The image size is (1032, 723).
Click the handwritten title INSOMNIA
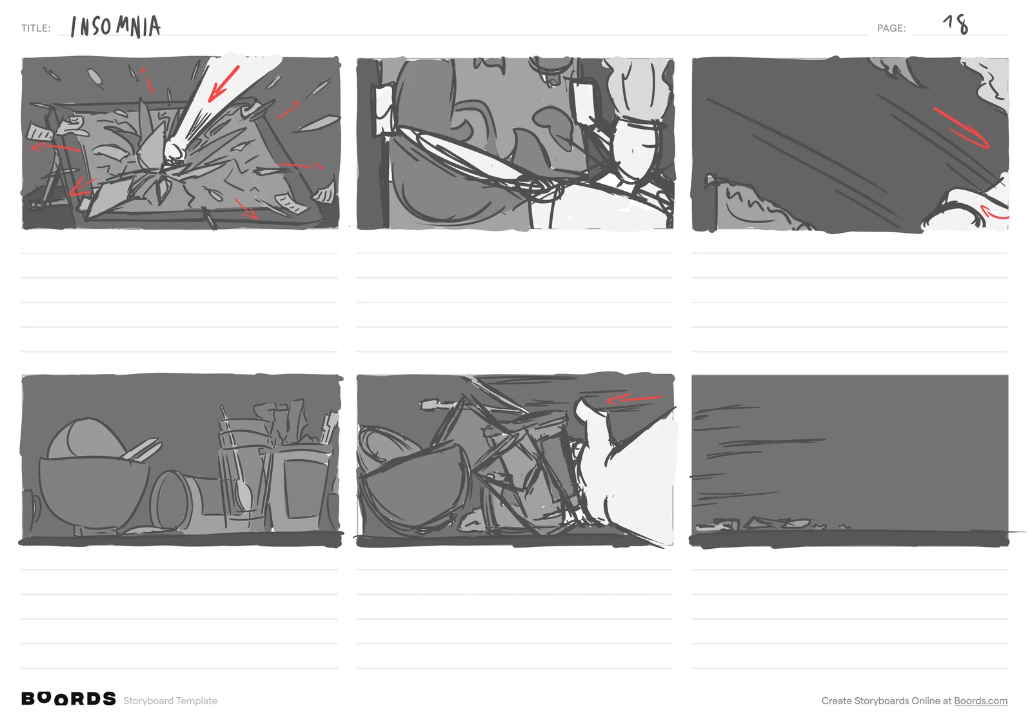tap(115, 26)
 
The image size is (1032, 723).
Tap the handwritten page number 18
tap(956, 25)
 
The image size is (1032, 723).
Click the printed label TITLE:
tap(36, 28)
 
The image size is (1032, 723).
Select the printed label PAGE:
tap(891, 28)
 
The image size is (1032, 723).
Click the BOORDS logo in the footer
tap(68, 699)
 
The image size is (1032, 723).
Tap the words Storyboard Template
tap(170, 701)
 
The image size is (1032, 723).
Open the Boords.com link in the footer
tap(980, 701)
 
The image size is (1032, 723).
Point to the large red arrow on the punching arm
tap(223, 84)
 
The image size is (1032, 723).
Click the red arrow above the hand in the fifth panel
tap(634, 399)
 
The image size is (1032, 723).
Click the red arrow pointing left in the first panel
tap(55, 148)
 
